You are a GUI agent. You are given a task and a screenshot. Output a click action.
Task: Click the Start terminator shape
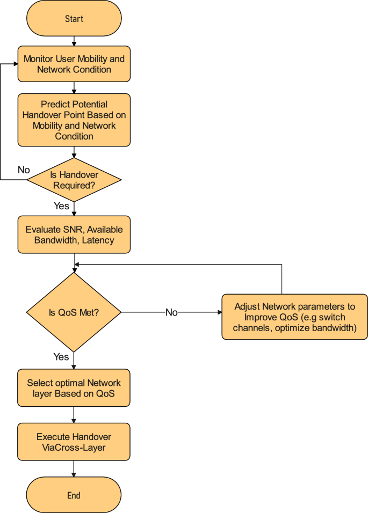tap(74, 19)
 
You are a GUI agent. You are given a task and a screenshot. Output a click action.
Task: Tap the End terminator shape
tap(74, 495)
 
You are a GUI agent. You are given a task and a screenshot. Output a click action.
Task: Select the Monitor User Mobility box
tap(74, 64)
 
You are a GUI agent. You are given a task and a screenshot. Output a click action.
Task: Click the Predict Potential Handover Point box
tap(74, 120)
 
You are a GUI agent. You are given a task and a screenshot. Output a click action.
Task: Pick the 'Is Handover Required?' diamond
tap(74, 180)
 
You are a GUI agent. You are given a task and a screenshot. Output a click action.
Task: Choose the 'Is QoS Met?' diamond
tap(74, 312)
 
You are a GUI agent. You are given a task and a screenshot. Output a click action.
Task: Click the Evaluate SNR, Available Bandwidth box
tap(74, 234)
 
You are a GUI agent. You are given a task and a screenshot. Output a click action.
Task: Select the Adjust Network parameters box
tap(294, 317)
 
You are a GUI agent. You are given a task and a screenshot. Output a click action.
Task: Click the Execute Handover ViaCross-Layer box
tap(74, 442)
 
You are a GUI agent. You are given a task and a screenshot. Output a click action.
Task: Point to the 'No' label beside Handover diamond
tap(24, 170)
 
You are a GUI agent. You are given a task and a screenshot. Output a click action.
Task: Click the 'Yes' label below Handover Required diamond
tap(61, 206)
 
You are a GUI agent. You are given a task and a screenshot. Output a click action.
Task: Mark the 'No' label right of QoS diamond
tap(171, 312)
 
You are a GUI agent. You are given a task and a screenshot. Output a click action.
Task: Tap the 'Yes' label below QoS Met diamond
tap(61, 357)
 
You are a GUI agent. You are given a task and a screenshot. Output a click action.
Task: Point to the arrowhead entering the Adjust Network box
tap(219, 312)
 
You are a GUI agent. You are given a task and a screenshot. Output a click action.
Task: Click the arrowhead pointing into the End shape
tap(74, 474)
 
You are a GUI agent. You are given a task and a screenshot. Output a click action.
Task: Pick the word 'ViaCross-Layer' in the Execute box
tap(74, 447)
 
